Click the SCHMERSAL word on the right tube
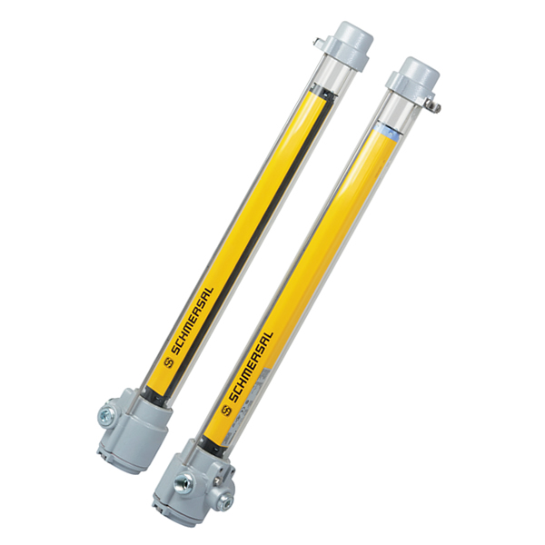pos(252,366)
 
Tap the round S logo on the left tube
pos(168,362)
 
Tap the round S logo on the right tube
pos(227,411)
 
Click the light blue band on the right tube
pos(387,129)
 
